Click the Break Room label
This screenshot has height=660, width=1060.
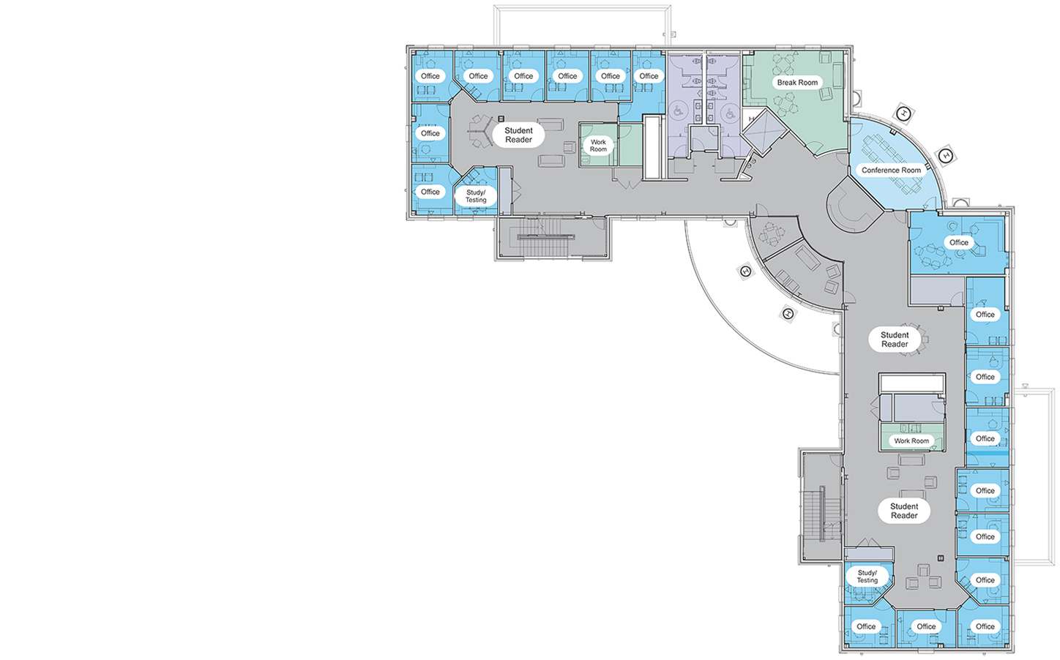click(797, 83)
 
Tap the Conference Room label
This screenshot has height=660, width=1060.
click(891, 170)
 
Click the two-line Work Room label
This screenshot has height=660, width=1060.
click(598, 146)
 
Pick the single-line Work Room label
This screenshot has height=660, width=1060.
click(911, 440)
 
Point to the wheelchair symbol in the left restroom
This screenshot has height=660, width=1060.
click(678, 112)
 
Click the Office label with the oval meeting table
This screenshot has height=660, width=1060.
click(959, 242)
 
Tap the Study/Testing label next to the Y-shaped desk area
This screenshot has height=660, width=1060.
click(476, 196)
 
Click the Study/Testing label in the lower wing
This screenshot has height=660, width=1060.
click(867, 577)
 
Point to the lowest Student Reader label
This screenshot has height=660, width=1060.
click(904, 511)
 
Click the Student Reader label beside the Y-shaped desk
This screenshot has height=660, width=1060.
click(518, 135)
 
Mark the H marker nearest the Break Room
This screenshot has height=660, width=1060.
click(903, 113)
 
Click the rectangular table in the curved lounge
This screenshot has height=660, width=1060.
click(807, 258)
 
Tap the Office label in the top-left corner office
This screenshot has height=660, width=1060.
click(430, 75)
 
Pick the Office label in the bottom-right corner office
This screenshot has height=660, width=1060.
click(985, 626)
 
